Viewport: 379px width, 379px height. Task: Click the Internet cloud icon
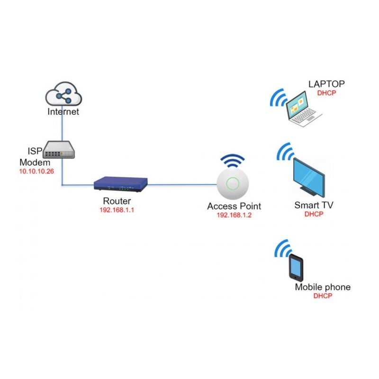pos(63,94)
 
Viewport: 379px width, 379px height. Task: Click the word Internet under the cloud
pos(63,112)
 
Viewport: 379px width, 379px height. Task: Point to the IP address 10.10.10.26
pos(36,171)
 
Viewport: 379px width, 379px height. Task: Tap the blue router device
pos(121,183)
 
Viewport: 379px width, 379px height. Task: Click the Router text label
pos(117,201)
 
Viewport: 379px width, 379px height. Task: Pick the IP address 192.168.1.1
pos(117,210)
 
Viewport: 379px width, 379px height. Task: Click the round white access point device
pos(233,184)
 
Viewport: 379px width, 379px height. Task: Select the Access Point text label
pos(234,207)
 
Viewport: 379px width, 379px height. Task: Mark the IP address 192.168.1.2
pos(234,215)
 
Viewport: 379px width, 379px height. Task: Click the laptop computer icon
pos(303,109)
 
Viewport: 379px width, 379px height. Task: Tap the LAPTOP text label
pos(326,84)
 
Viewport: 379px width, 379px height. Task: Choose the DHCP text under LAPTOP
pos(326,93)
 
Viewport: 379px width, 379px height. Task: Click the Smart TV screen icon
pos(308,176)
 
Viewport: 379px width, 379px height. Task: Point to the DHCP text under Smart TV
pos(313,214)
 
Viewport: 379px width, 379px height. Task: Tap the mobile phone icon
pos(296,269)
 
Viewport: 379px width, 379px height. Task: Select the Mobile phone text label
pos(323,287)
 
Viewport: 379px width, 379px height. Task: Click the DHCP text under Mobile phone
pos(323,296)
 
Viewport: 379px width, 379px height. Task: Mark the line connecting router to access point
pos(182,184)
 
